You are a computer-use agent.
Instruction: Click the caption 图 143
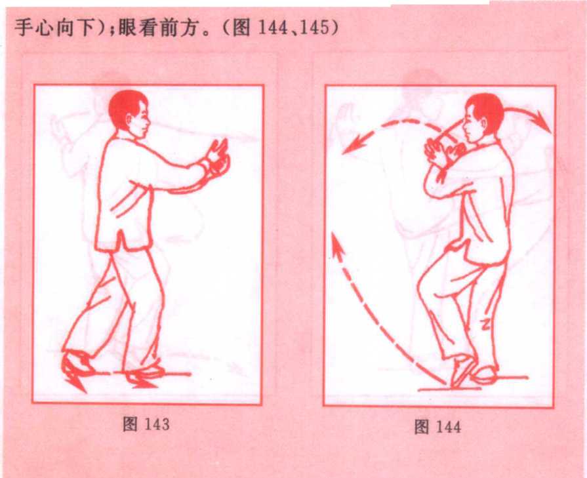[x=146, y=424]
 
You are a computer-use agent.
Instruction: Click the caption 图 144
[x=437, y=427]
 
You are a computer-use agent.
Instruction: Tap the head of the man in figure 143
[x=129, y=111]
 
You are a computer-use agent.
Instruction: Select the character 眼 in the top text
[x=129, y=28]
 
